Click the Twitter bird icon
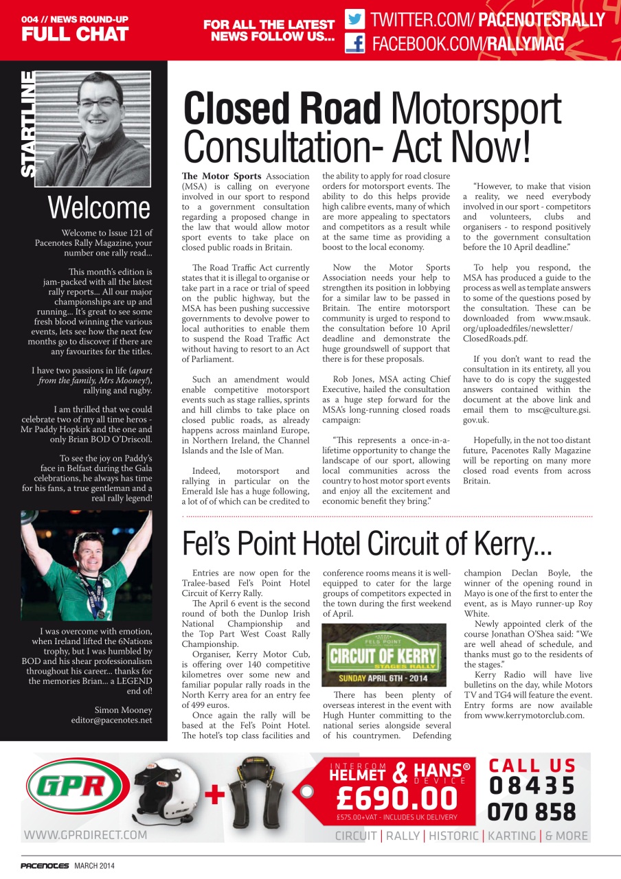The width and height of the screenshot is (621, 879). pos(354,19)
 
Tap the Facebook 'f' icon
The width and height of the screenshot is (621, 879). pos(354,44)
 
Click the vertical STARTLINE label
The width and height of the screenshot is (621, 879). pos(28,124)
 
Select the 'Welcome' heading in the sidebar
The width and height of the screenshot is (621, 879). pos(99,207)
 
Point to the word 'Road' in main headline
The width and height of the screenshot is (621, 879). pos(331,109)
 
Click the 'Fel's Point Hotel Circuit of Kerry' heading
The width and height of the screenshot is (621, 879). pos(367,544)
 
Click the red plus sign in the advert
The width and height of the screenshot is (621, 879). pos(215,795)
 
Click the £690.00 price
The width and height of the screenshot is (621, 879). pos(397,797)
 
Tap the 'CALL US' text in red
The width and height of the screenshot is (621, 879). pos(532,765)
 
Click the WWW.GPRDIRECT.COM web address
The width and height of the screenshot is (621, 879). pos(85,835)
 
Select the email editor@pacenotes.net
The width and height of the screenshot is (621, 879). pos(111,720)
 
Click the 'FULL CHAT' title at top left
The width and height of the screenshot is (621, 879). pos(75,34)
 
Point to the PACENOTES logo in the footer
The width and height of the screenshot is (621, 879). pos(45,866)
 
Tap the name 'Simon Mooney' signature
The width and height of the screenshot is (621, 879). pos(123,709)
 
